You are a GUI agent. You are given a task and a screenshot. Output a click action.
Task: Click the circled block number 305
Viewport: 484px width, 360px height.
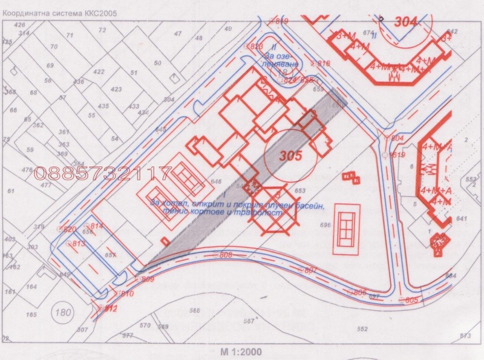pyautogui.click(x=290, y=155)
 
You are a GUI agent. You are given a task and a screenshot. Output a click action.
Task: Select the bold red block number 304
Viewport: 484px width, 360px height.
pyautogui.click(x=407, y=22)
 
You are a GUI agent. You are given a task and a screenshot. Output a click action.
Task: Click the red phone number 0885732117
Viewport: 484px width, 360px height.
pyautogui.click(x=103, y=174)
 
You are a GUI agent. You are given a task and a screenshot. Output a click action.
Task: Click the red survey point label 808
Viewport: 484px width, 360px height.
pyautogui.click(x=226, y=255)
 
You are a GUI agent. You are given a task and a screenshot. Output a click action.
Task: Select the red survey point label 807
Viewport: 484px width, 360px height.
pyautogui.click(x=310, y=270)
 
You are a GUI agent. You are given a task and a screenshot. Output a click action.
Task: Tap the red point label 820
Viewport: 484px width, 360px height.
pyautogui.click(x=70, y=229)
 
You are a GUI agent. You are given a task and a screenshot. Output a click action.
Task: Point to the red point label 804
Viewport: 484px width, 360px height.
pyautogui.click(x=397, y=139)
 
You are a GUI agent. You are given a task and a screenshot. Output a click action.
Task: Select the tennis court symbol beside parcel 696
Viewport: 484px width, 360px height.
pyautogui.click(x=346, y=229)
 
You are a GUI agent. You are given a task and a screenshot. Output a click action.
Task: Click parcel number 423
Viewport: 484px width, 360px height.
pyautogui.click(x=117, y=89)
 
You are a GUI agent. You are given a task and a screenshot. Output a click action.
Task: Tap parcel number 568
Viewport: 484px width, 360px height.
pyautogui.click(x=194, y=310)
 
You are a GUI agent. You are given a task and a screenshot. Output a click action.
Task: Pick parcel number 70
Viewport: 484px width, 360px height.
pyautogui.click(x=54, y=47)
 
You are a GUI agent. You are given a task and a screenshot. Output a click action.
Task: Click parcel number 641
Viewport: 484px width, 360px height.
pyautogui.click(x=463, y=218)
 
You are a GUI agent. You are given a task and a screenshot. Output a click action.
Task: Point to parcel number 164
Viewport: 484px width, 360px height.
pyautogui.click(x=31, y=287)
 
